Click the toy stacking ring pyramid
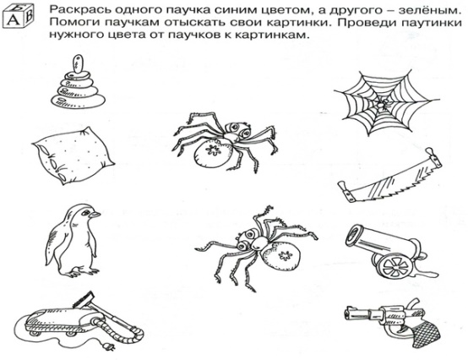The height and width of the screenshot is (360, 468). (78, 84)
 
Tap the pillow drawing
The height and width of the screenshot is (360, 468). (73, 155)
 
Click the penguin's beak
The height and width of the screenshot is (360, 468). (95, 215)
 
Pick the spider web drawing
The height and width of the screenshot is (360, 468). (387, 103)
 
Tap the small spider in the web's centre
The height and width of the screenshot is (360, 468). (382, 105)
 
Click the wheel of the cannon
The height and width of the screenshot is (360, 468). (395, 265)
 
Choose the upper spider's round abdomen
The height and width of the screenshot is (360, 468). (213, 152)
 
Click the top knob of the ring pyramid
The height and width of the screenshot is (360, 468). (78, 64)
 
